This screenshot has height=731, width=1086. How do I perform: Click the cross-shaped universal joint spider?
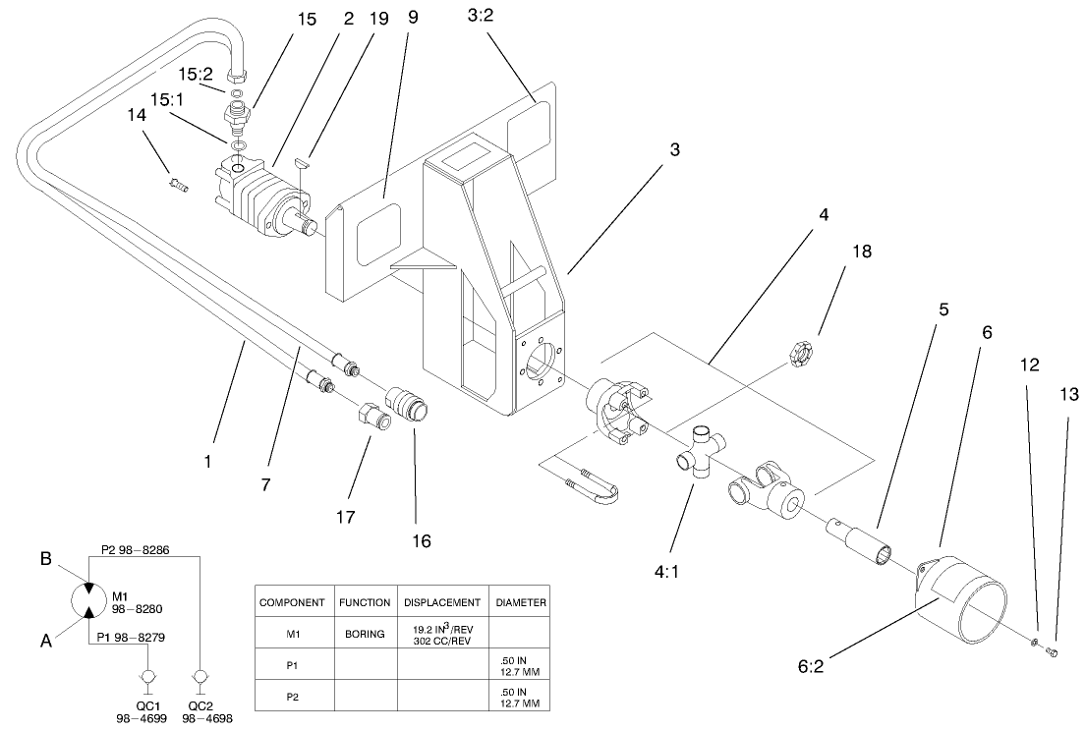click(700, 451)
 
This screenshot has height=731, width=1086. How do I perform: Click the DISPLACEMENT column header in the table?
click(441, 602)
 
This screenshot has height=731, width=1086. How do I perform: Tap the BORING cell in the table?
click(365, 635)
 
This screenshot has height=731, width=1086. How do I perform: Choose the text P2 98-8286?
click(136, 550)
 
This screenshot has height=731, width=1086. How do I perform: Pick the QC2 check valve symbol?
click(201, 679)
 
